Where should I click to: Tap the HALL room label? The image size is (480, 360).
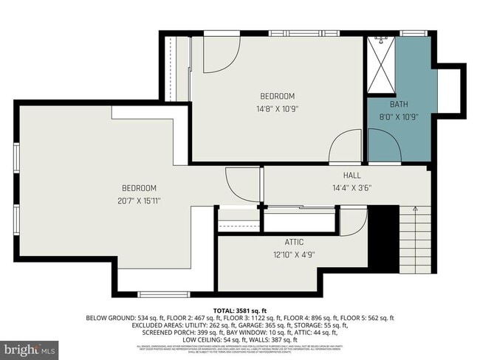[352, 176]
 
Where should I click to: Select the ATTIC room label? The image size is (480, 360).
[294, 242]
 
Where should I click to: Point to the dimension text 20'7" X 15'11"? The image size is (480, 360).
[139, 200]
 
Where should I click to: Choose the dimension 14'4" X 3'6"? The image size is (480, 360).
[352, 187]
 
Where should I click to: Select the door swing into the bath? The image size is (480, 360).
[381, 139]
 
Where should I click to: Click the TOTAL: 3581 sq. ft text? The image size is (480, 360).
[240, 311]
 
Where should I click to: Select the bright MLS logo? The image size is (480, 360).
[30, 347]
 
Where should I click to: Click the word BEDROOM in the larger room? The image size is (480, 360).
[139, 188]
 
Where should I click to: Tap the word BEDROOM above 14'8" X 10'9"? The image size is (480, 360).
[277, 97]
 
